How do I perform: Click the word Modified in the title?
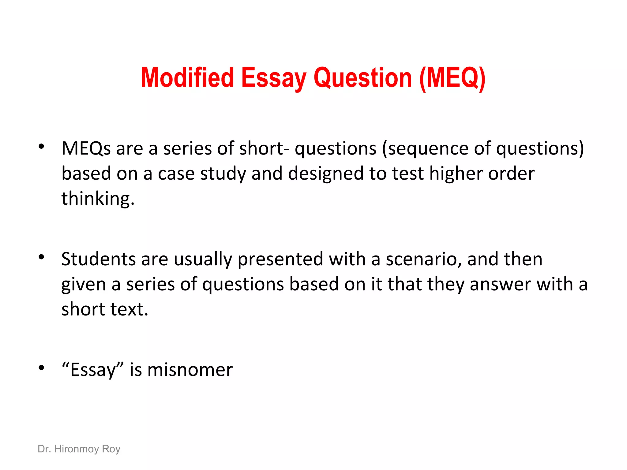point(187,78)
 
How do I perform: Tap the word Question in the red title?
point(362,78)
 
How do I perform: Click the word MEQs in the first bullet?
point(86,149)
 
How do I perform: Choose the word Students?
point(98,259)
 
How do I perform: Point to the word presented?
point(280,259)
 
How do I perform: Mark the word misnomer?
point(190,370)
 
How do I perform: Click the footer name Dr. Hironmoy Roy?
point(79,449)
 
